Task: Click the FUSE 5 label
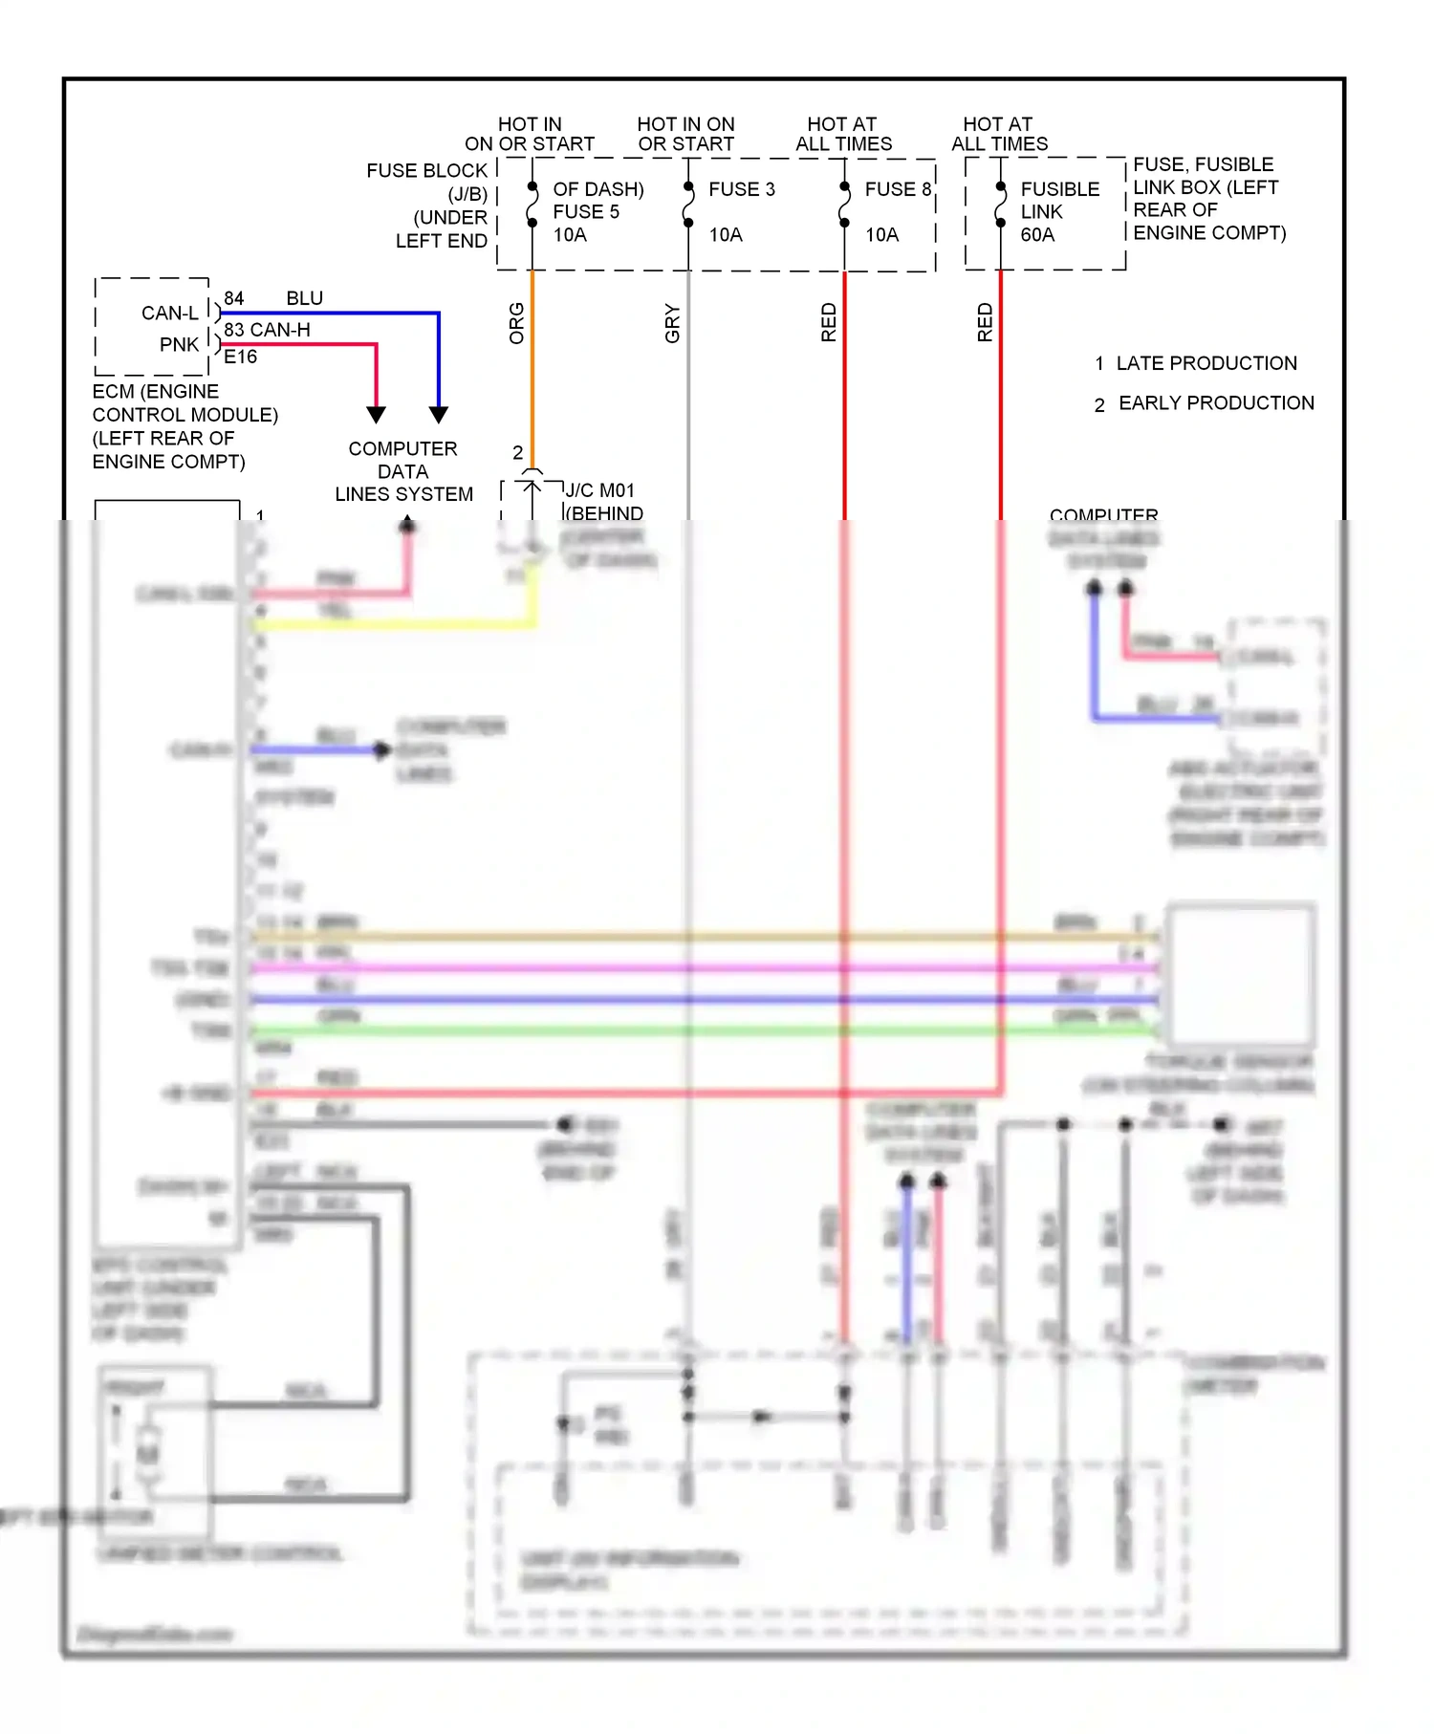(586, 212)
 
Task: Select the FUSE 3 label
(742, 189)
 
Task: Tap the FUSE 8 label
(898, 189)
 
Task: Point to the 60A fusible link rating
(1037, 235)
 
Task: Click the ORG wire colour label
(517, 323)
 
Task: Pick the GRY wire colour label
(673, 323)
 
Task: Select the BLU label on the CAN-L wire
(305, 298)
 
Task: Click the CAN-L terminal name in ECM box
(170, 314)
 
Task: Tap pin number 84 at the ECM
(234, 298)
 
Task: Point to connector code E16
(241, 357)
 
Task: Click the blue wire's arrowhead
(439, 415)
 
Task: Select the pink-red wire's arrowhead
(377, 415)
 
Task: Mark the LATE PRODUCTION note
(1206, 363)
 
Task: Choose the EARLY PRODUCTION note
(1216, 403)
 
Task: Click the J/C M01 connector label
(599, 490)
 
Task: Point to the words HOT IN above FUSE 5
(530, 124)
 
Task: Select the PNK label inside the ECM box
(180, 344)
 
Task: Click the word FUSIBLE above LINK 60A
(1060, 189)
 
